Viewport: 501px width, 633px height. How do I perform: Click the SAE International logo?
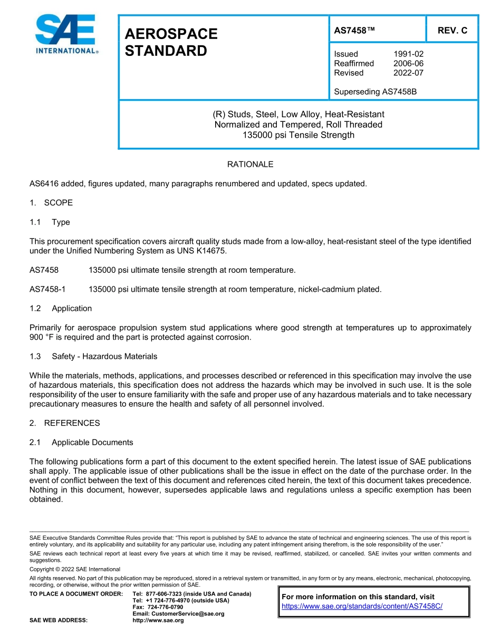click(x=66, y=34)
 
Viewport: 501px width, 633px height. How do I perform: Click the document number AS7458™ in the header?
click(x=354, y=31)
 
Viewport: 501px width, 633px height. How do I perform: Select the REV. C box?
click(x=452, y=31)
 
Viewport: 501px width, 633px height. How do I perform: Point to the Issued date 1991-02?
click(x=408, y=54)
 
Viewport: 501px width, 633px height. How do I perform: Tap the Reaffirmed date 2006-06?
click(x=408, y=63)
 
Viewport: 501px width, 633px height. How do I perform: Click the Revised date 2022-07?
click(x=408, y=73)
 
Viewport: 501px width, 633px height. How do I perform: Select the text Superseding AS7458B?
click(x=375, y=92)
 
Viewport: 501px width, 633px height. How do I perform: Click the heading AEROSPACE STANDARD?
click(x=171, y=42)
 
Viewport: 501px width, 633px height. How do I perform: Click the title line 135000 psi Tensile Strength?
click(x=298, y=135)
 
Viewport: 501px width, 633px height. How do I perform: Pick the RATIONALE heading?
click(x=250, y=165)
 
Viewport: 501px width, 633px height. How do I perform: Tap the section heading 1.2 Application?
click(x=61, y=309)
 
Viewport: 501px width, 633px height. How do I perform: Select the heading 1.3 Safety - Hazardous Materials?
click(x=93, y=357)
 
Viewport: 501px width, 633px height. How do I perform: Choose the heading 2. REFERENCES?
click(x=64, y=423)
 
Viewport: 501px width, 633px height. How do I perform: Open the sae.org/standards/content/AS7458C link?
click(x=362, y=606)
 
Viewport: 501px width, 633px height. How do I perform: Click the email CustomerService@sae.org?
click(x=178, y=613)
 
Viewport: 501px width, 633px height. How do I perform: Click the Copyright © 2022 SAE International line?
click(x=75, y=569)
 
